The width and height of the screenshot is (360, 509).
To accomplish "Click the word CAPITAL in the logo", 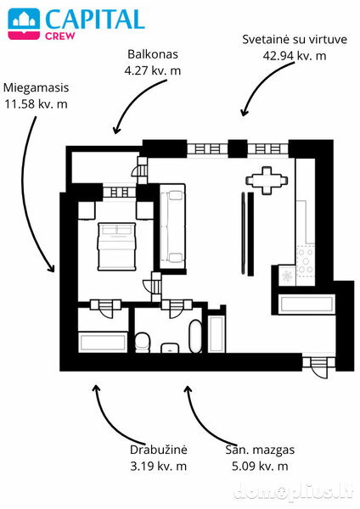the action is coord(95,20).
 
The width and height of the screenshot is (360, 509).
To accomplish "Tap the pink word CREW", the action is coord(60,36).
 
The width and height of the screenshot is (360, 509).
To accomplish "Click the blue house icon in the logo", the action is coord(24,20).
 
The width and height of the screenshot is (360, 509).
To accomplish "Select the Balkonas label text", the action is coord(153,54).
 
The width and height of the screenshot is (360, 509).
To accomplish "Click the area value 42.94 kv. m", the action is coord(295,56).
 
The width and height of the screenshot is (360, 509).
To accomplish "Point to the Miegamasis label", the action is coord(36,87).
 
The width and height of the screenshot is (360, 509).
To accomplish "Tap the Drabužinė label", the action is coord(159,450).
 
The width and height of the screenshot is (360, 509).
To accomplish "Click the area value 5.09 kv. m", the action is coord(260,466).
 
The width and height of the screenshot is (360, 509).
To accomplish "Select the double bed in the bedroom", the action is coord(116,246).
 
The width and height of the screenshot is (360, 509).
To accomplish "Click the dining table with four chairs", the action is coord(267,180).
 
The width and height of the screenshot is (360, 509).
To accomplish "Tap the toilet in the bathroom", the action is coord(143,342).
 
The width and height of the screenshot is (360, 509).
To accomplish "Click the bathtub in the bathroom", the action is coord(195,337).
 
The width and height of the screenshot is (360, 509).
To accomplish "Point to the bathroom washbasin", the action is coord(170,347).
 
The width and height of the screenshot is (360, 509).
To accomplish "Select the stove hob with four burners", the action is coord(306,260).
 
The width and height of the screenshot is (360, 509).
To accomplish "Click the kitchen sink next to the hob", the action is coord(287,276).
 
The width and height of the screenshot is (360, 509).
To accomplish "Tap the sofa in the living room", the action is coord(172,227).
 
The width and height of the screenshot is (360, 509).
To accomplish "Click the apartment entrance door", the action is coord(318,366).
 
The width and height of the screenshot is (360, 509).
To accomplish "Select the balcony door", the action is coord(140,171).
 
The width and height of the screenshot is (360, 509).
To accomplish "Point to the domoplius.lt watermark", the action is coord(293,491).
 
